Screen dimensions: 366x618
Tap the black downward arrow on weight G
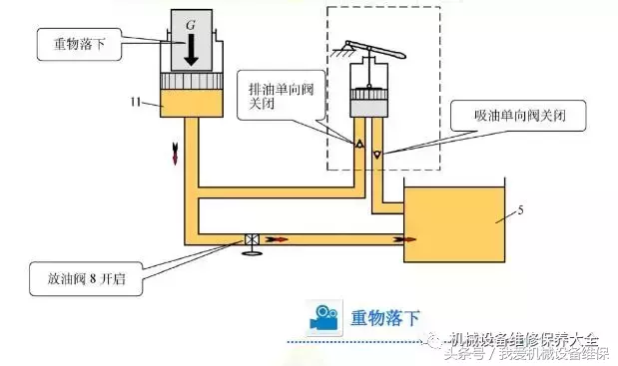tap(190, 47)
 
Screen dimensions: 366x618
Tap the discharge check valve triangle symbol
tap(358, 143)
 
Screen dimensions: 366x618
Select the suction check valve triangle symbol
tap(377, 155)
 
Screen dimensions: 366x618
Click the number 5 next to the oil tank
tap(520, 211)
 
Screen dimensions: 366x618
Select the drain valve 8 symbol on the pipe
tap(254, 240)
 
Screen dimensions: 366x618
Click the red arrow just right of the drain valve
tap(278, 239)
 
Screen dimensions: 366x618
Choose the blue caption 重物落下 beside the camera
tap(383, 317)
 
